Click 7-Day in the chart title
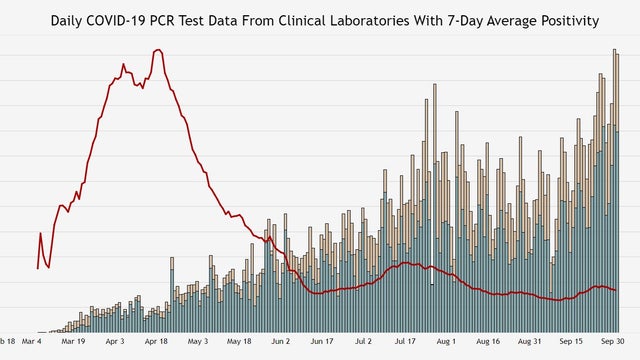(468, 20)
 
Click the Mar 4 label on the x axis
(32, 341)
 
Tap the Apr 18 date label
(156, 341)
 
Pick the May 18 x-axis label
(239, 341)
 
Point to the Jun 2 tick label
(281, 341)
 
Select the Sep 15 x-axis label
(572, 341)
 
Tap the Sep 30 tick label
(613, 341)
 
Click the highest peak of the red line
(158, 50)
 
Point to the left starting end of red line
(38, 268)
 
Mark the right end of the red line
(615, 290)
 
